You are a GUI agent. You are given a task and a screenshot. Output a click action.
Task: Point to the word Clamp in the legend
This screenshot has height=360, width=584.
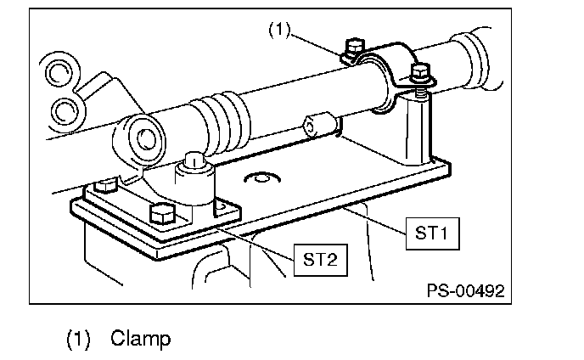point(140,339)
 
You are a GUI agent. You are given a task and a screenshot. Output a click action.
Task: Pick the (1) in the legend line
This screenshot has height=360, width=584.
point(79,339)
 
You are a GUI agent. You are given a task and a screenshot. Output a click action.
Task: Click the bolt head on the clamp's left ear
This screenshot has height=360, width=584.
point(356,48)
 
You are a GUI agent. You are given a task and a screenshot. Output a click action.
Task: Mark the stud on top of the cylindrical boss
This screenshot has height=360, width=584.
point(194,159)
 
